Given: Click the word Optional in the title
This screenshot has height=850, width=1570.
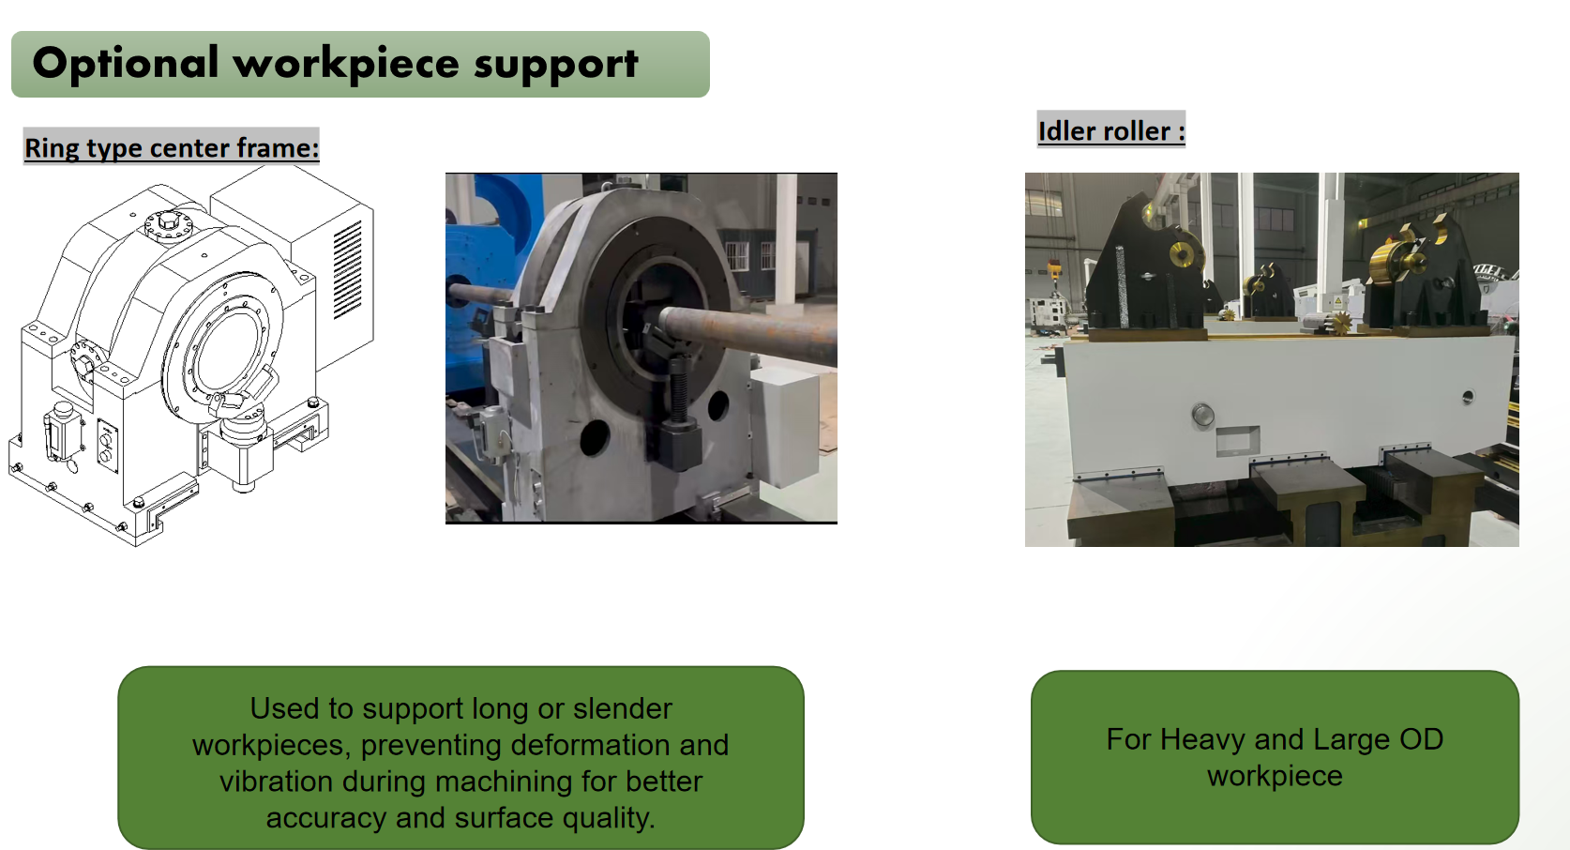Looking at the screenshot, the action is (x=126, y=63).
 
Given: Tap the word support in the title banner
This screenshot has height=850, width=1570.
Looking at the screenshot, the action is (x=556, y=66).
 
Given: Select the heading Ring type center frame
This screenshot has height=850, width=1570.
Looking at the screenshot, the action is (x=172, y=148).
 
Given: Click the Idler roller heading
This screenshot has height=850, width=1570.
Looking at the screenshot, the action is (x=1111, y=131).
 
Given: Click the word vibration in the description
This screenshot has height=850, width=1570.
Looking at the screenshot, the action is (x=276, y=782).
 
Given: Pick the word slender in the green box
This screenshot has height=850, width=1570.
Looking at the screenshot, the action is (x=623, y=708).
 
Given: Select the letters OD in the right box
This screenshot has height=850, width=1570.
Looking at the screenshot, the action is (x=1422, y=739).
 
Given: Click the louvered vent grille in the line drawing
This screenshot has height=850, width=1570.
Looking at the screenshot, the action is (x=348, y=269).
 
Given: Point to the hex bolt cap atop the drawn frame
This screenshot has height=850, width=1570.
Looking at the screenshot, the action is (x=168, y=223).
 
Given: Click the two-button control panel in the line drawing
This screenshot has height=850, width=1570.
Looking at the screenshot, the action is (x=107, y=446).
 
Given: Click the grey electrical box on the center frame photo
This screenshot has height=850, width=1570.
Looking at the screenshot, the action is (x=786, y=429).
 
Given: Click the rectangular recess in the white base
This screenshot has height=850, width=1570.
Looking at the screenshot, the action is (x=1237, y=441).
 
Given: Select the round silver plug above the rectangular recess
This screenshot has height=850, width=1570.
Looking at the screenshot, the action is (x=1202, y=415).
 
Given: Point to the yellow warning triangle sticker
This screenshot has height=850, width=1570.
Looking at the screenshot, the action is (x=1337, y=301).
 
